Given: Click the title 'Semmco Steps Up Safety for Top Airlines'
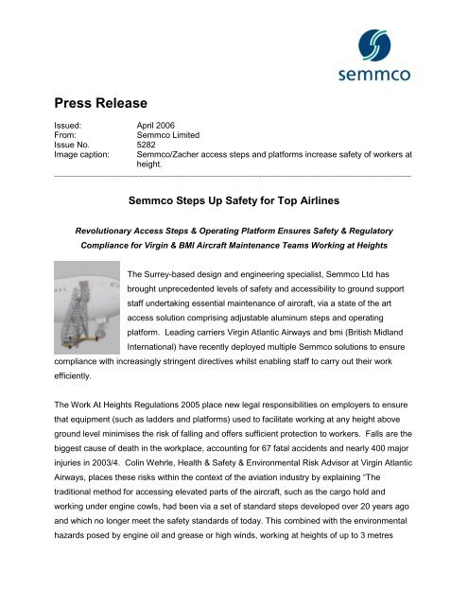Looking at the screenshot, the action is pyautogui.click(x=234, y=200).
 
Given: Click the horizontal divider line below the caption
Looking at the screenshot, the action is pyautogui.click(x=234, y=177).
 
